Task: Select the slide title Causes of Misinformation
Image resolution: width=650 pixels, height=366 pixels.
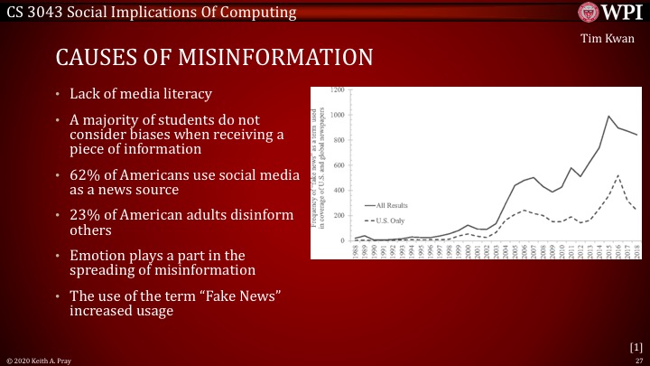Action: point(214,59)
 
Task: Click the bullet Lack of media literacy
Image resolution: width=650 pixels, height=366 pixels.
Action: point(135,94)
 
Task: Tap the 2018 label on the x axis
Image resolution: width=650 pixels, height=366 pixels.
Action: point(636,250)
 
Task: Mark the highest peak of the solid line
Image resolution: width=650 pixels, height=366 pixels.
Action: point(609,117)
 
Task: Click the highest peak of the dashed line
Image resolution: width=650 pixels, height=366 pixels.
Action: point(617,175)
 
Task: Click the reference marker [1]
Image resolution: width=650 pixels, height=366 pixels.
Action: point(635,346)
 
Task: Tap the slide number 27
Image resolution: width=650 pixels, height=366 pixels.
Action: point(637,359)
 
